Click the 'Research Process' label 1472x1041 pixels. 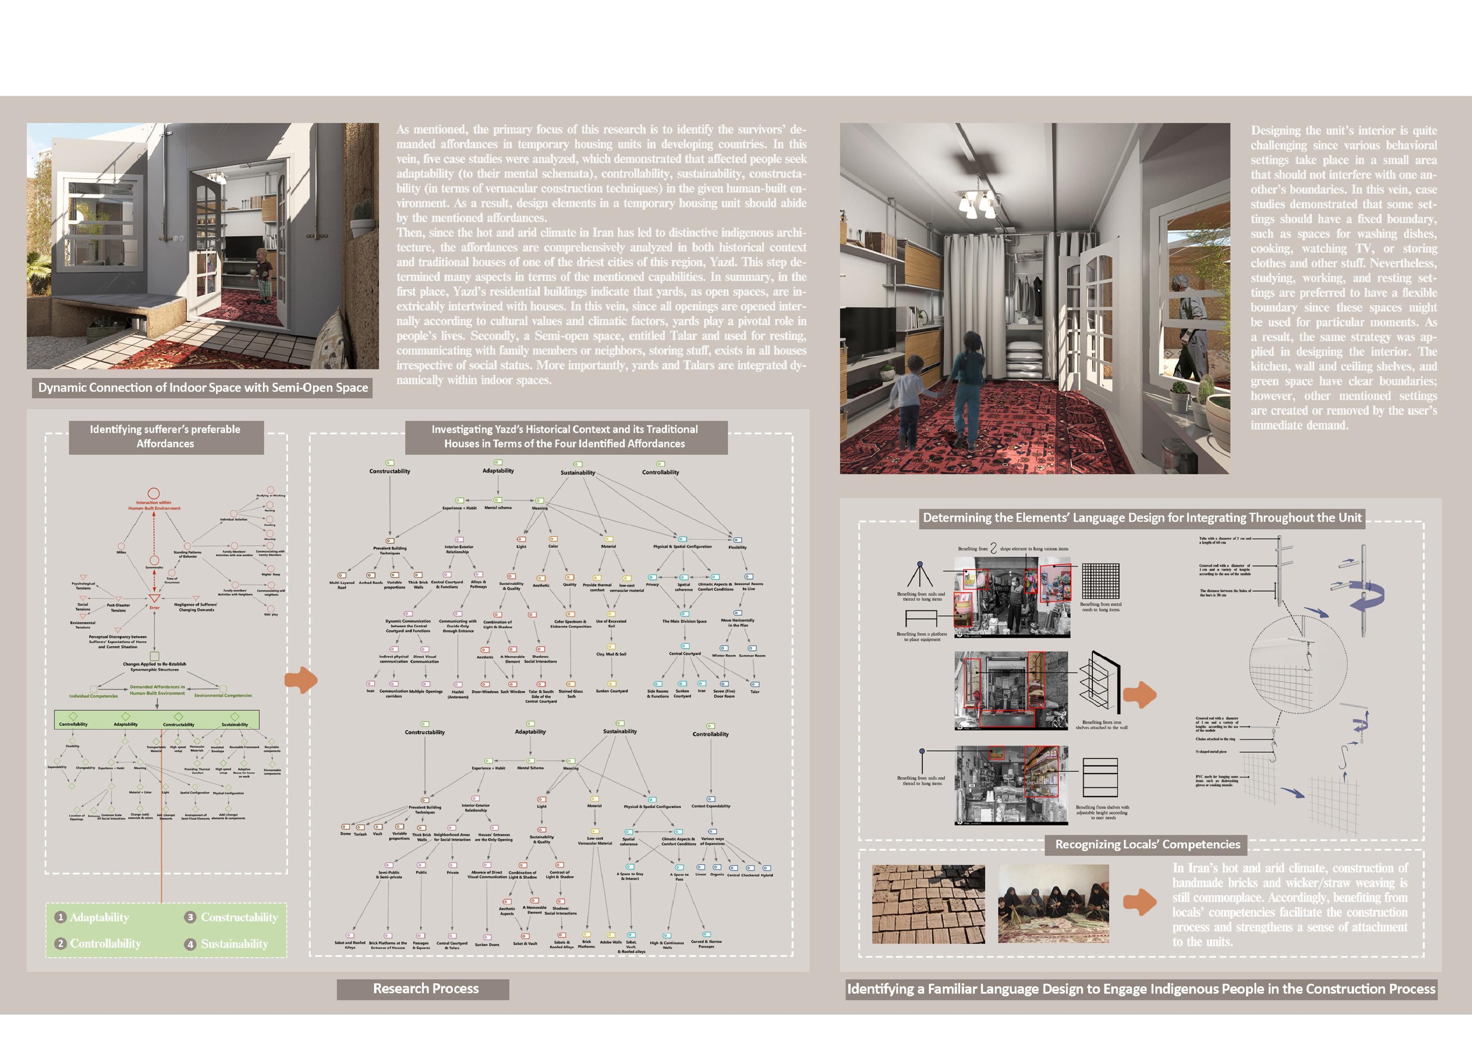point(426,988)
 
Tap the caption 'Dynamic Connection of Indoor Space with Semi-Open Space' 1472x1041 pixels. point(203,387)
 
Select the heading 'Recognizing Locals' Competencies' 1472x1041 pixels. point(1147,844)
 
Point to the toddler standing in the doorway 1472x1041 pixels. point(263,274)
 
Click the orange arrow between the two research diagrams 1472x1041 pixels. point(301,680)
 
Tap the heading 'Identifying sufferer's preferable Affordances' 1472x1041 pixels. point(165,436)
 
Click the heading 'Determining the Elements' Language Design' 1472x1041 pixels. point(1142,518)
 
